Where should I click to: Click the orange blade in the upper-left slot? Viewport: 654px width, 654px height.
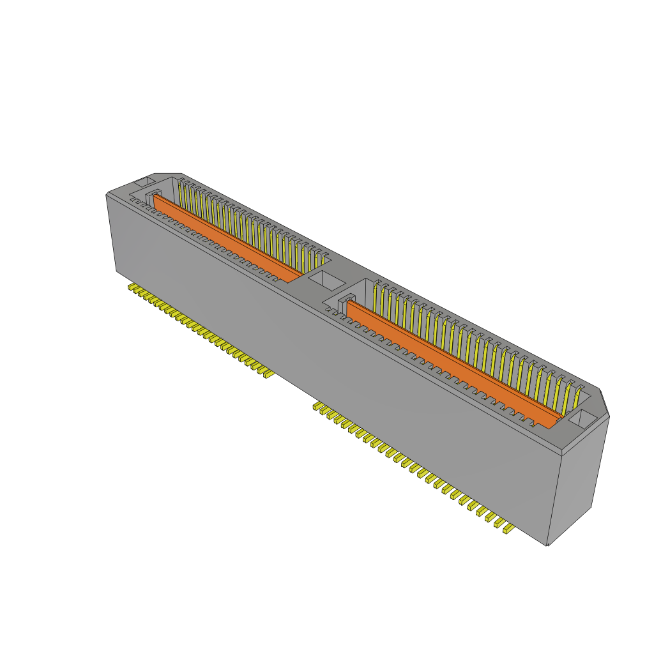227,239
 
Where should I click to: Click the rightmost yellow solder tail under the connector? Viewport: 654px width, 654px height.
508,528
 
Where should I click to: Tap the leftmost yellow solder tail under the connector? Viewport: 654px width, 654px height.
132,288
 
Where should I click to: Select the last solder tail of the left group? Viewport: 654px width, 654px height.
266,372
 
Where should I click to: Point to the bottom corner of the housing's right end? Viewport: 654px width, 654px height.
547,545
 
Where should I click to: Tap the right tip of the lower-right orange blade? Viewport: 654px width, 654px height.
557,421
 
